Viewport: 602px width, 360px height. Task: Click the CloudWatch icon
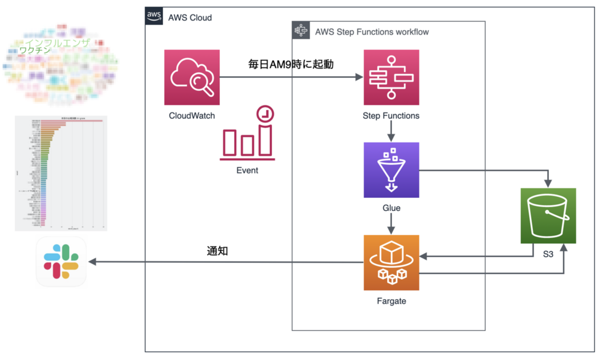pos(192,77)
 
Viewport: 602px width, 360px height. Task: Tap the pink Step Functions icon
pos(391,77)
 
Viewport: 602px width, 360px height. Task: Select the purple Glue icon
pos(391,170)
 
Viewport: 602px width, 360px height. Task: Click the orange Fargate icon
pos(391,263)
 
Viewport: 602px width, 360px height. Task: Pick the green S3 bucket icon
pos(548,216)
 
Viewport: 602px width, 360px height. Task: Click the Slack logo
pos(61,262)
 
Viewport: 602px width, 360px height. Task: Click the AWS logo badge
pos(154,16)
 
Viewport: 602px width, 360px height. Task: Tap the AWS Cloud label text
pos(190,18)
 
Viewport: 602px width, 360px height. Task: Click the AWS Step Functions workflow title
pos(372,32)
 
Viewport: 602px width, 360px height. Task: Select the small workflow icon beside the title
pos(301,31)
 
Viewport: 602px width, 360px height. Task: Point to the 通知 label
pos(217,252)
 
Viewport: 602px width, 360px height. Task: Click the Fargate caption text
pos(391,301)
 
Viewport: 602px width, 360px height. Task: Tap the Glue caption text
pos(391,208)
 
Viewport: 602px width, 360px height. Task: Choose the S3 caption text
pos(548,254)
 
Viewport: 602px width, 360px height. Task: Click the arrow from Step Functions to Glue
pos(391,131)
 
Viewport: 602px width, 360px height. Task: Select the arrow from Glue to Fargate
pos(391,224)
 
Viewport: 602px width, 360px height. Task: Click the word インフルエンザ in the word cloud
pos(58,44)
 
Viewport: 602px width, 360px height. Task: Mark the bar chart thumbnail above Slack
pos(61,173)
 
